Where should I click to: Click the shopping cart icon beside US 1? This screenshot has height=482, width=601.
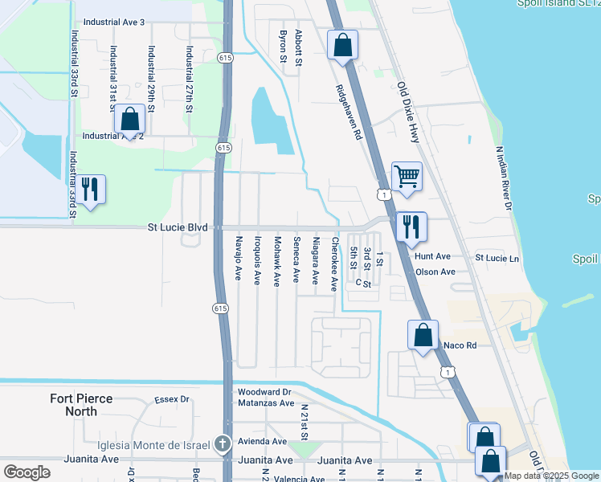(407, 176)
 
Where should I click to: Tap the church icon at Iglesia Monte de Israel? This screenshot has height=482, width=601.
(223, 443)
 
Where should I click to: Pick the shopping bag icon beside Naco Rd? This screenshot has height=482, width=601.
(423, 334)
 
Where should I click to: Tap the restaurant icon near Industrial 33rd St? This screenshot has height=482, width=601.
(90, 190)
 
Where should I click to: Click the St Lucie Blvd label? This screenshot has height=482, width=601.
(178, 227)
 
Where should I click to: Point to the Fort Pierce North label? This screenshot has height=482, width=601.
(84, 405)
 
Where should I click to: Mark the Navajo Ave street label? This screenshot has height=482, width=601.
(238, 258)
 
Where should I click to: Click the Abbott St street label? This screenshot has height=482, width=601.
(299, 47)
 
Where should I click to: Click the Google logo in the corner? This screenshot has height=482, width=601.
(27, 472)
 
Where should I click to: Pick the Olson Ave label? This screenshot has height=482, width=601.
(435, 272)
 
